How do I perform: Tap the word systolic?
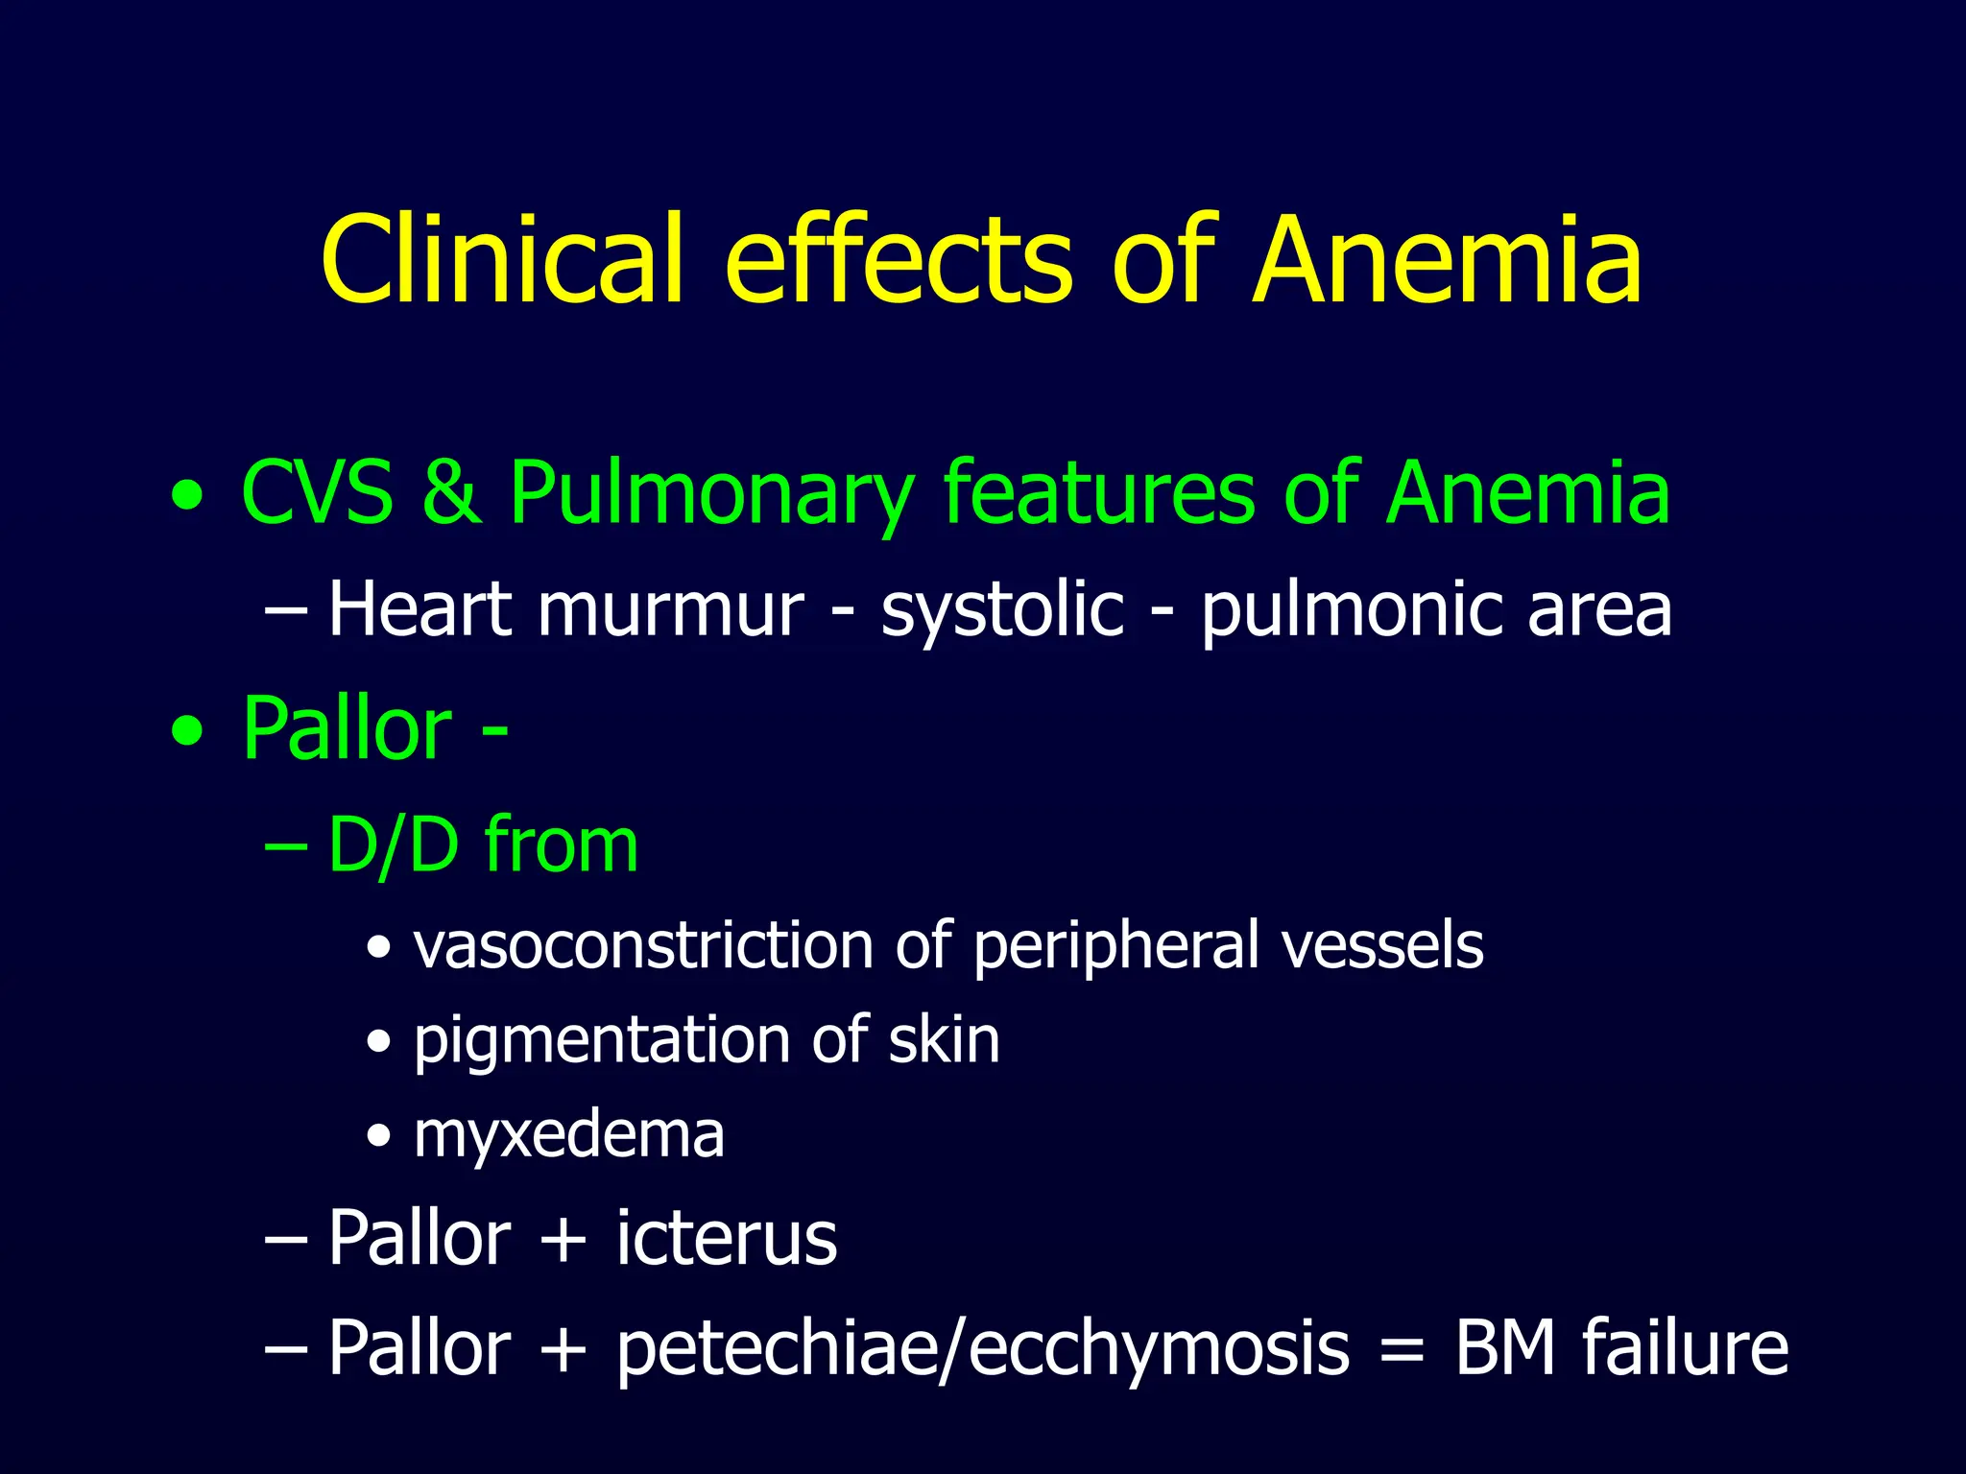point(1002,610)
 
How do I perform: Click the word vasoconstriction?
point(643,946)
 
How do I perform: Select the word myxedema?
point(568,1136)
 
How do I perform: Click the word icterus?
point(727,1238)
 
